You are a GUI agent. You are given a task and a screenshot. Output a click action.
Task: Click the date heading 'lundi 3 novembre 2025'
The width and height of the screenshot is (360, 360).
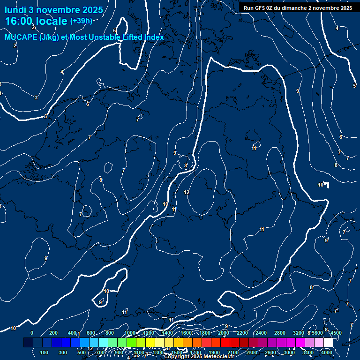pyautogui.click(x=54, y=10)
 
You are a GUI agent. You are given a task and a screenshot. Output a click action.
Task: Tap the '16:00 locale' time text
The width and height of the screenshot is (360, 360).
pyautogui.click(x=37, y=21)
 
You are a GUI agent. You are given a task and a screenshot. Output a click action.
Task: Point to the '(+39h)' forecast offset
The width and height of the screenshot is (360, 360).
pyautogui.click(x=81, y=21)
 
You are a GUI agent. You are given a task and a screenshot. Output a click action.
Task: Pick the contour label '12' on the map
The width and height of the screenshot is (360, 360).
pyautogui.click(x=187, y=192)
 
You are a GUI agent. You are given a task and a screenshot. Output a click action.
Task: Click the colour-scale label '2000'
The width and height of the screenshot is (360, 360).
pyautogui.click(x=224, y=333)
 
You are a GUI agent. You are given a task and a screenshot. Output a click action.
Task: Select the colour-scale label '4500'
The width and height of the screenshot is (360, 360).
pyautogui.click(x=336, y=333)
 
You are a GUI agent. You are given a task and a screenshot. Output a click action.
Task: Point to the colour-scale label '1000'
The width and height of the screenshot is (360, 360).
pyautogui.click(x=130, y=333)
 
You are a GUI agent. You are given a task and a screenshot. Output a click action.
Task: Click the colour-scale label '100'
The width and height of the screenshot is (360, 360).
pyautogui.click(x=45, y=352)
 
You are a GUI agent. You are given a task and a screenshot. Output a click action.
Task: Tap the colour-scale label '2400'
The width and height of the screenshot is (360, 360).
pyautogui.click(x=261, y=333)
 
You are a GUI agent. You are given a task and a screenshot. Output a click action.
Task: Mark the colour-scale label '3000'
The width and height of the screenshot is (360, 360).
pyautogui.click(x=289, y=352)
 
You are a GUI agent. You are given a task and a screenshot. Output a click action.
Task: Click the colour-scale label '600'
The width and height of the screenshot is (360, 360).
pyautogui.click(x=91, y=333)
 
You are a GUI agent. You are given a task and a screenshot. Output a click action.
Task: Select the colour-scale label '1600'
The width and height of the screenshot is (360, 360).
pyautogui.click(x=186, y=333)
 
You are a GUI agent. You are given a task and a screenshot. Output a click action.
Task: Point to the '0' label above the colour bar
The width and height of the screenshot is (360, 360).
pyautogui.click(x=32, y=333)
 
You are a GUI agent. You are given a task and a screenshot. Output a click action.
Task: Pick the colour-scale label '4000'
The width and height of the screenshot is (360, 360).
pyautogui.click(x=327, y=352)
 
